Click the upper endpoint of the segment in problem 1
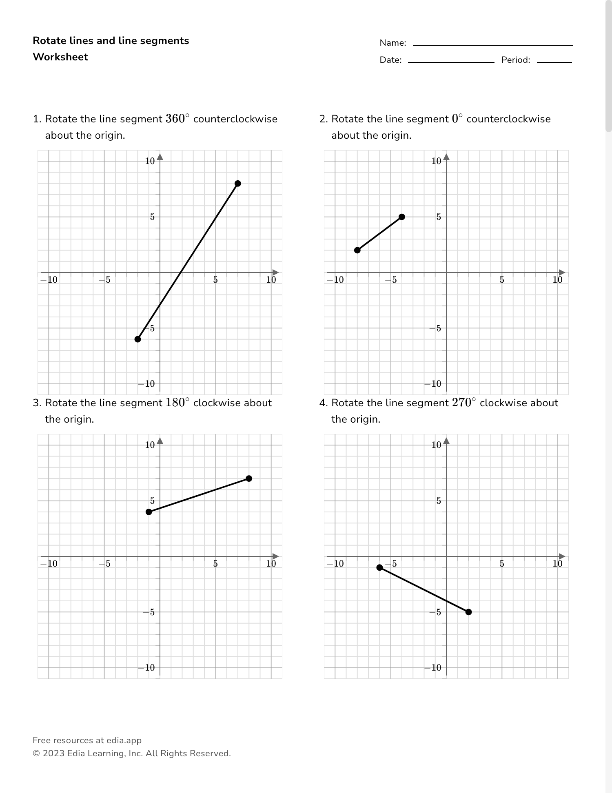(238, 184)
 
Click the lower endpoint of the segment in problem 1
(138, 339)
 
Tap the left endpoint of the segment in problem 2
(357, 250)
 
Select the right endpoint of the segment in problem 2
(402, 217)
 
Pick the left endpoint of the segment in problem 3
(149, 512)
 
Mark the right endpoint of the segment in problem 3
(249, 478)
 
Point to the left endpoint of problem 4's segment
(379, 567)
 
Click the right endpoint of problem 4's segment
(468, 612)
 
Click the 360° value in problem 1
(177, 119)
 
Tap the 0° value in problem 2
(457, 119)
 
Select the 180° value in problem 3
(177, 403)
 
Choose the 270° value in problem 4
(464, 403)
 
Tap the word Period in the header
(515, 60)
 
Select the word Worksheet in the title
(60, 57)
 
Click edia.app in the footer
(124, 740)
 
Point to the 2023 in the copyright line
(53, 753)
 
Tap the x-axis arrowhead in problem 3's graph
(276, 556)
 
